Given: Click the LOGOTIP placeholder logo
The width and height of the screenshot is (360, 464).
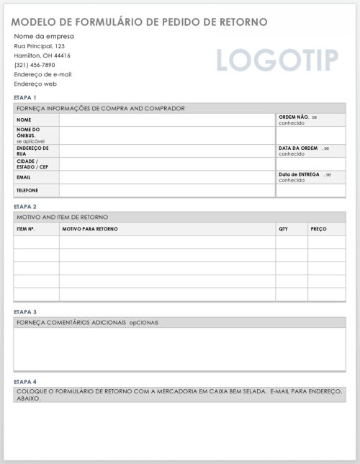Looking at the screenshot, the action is [276, 61].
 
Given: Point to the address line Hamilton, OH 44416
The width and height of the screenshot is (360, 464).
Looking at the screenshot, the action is [42, 55].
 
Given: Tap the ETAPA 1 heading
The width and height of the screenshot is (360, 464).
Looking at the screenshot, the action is [24, 97].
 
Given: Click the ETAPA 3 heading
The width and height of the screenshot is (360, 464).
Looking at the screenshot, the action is [24, 312].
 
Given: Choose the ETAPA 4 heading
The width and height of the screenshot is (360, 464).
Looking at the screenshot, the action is [24, 381].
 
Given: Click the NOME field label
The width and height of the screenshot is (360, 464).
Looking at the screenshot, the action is [24, 120].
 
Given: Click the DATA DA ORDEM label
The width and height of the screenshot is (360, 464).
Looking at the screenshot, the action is [298, 148].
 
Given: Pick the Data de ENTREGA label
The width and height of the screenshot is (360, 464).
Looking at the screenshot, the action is [299, 174].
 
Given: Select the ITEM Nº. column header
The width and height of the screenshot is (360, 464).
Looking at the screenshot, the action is [26, 229].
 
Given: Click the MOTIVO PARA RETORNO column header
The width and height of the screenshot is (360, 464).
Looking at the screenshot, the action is [90, 229].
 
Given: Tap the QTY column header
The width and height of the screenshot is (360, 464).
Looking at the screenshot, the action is [283, 229].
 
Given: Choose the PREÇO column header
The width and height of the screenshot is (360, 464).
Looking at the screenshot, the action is [318, 229].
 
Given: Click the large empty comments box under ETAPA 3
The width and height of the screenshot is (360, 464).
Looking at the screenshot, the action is [179, 349].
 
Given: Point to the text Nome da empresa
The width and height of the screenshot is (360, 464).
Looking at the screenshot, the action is [44, 37].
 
